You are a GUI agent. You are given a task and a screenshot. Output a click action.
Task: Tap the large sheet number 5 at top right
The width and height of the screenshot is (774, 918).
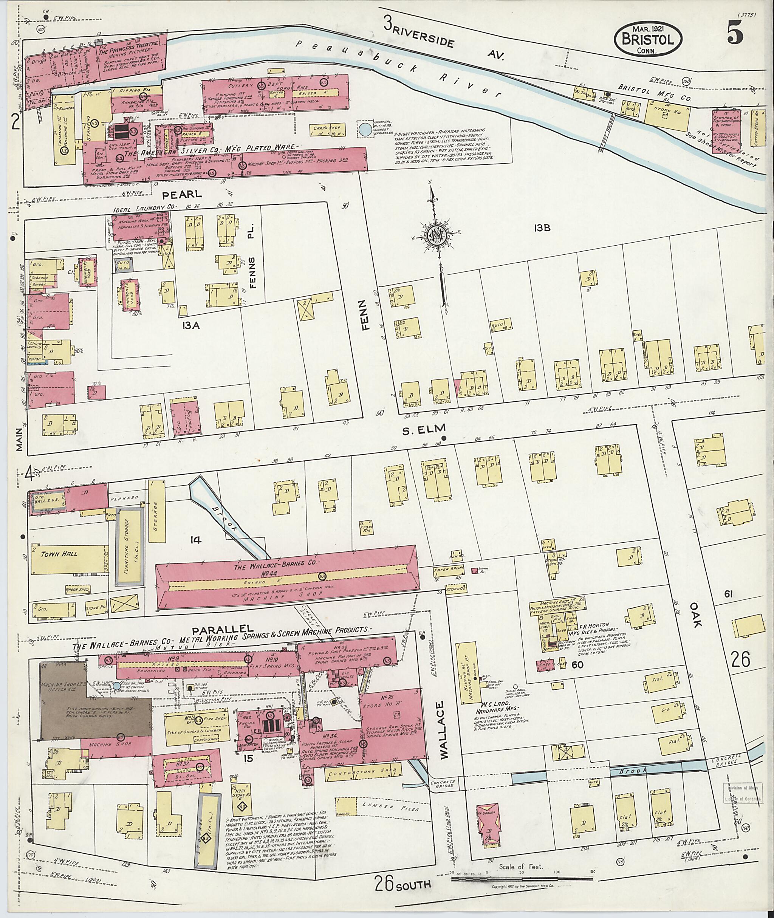point(736,34)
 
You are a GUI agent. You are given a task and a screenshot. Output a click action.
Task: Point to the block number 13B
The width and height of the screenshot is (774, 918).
point(542,228)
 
